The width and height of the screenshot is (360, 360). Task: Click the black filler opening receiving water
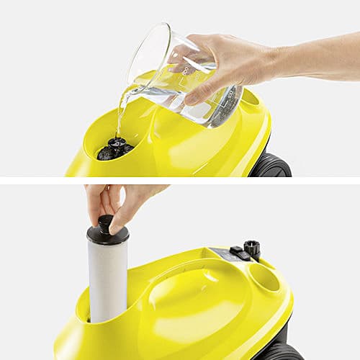[115, 148]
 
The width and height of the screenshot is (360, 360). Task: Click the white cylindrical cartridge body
[108, 281]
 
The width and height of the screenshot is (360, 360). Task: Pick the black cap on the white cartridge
[108, 234]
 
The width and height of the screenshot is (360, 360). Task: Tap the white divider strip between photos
[180, 180]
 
